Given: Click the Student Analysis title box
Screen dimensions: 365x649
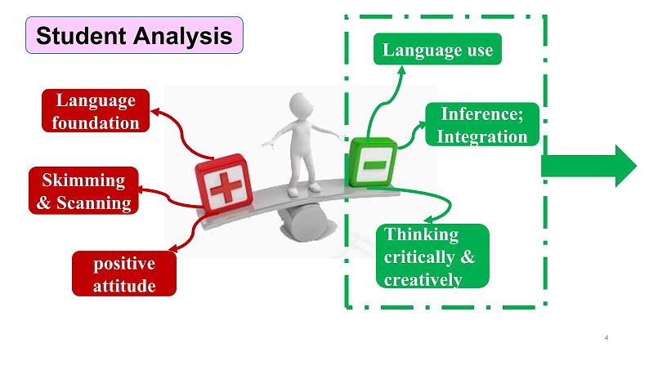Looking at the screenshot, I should click(135, 35).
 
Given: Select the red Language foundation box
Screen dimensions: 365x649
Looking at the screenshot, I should click(96, 111).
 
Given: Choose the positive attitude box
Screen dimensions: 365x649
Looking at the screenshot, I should click(124, 274).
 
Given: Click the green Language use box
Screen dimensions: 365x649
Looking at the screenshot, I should click(436, 50).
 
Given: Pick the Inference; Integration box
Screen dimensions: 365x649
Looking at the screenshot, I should click(482, 125).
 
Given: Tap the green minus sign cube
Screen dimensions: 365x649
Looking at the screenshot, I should click(372, 164).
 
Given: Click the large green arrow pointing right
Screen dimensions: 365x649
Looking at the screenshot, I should click(588, 166).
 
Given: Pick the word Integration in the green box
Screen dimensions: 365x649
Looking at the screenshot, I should click(482, 136).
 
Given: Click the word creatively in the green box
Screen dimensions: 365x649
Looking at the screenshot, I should click(423, 279).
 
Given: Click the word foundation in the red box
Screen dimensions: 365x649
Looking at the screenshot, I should click(96, 122).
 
